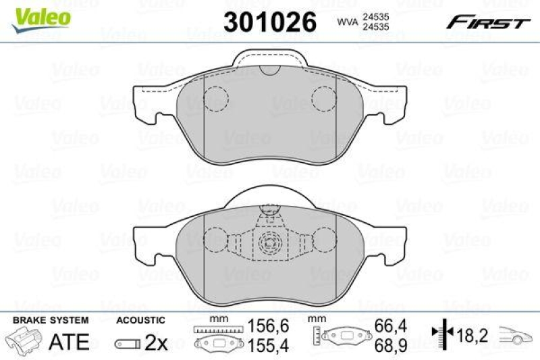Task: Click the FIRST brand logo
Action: [487, 23]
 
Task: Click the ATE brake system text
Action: [70, 342]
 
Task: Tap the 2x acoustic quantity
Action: [157, 342]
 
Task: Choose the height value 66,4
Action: [389, 326]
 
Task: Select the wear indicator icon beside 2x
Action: [128, 343]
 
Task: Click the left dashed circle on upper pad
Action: [217, 100]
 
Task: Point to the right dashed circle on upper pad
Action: [323, 100]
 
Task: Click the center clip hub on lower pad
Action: [270, 242]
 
